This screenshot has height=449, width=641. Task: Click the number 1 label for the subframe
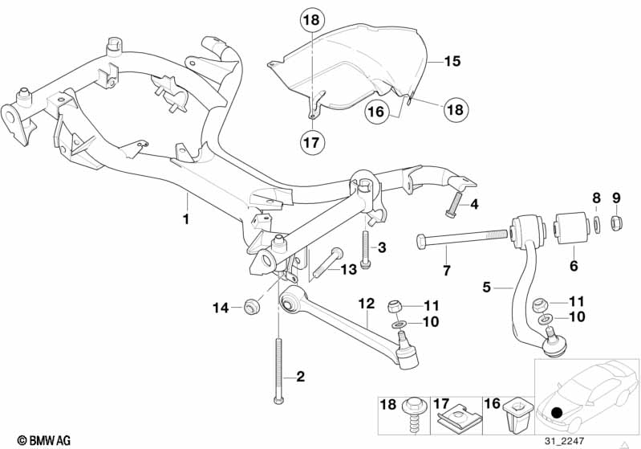(186, 219)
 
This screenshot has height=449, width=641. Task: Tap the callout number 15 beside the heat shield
(452, 61)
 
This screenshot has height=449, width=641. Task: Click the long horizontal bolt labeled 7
(462, 239)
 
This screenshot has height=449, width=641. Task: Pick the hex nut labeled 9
(616, 222)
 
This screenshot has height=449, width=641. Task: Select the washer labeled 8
(596, 225)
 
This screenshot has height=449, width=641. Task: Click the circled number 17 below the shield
(311, 142)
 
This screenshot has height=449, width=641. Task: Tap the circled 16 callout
(376, 112)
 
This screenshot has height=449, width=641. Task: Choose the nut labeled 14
(251, 307)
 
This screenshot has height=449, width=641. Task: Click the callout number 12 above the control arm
(367, 304)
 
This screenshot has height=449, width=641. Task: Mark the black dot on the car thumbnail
(558, 413)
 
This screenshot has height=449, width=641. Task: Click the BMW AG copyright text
(44, 441)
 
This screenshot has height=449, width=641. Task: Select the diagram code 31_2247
(564, 441)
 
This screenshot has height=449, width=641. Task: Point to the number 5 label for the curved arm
(486, 288)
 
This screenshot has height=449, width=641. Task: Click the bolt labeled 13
(328, 263)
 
